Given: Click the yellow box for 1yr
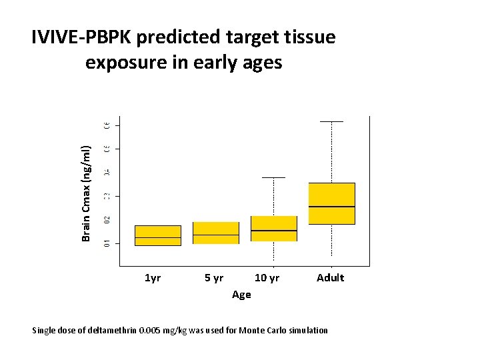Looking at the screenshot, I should point(158,235).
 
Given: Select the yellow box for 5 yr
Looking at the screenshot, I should point(216,233).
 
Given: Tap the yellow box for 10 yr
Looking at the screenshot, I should point(273,228).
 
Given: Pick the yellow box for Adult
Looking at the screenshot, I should point(331,203).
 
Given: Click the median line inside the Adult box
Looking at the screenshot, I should point(331,207).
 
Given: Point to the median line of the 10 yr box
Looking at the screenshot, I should point(273,231).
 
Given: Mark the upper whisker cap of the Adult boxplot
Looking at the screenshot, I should point(331,122).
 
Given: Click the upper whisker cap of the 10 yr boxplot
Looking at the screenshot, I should point(273,178).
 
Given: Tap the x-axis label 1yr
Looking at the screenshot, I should point(153,277).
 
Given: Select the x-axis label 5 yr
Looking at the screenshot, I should point(214,277).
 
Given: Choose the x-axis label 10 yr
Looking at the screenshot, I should point(267,277).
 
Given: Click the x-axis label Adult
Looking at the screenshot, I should point(330,277).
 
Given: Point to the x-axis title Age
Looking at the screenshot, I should point(241,294).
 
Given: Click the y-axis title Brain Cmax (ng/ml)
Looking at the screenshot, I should point(86,193).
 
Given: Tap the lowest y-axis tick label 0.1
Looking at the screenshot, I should point(107,243).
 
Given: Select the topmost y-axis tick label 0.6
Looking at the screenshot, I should point(107,125).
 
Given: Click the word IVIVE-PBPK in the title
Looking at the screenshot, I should point(82,37).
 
